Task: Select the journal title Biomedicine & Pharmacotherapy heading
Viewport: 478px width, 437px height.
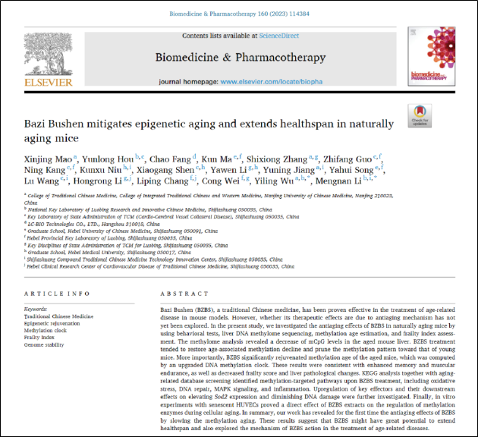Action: point(240,57)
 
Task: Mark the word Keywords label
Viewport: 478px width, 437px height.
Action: point(36,310)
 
